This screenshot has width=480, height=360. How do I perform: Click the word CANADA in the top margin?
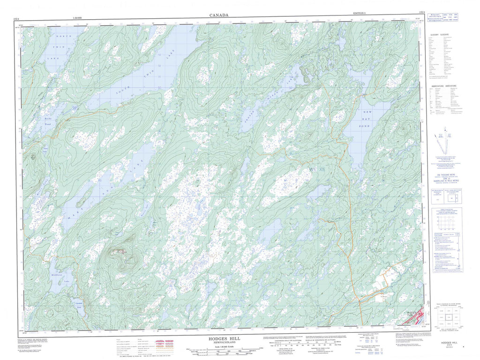(219, 15)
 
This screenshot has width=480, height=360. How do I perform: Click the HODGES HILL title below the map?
(220, 337)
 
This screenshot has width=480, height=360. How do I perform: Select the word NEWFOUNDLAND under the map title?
(220, 342)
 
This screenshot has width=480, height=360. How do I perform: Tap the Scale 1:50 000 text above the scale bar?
(220, 346)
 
